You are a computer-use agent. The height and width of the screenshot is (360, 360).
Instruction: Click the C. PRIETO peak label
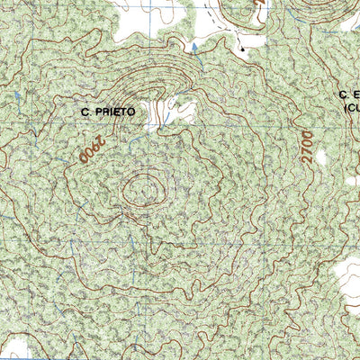click(109, 112)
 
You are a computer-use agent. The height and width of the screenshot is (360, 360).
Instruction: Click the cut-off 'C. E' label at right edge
click(348, 94)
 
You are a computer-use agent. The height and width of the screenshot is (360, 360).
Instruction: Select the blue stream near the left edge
click(17, 94)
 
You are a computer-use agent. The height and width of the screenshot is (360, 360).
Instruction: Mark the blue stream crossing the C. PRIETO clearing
click(161, 115)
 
